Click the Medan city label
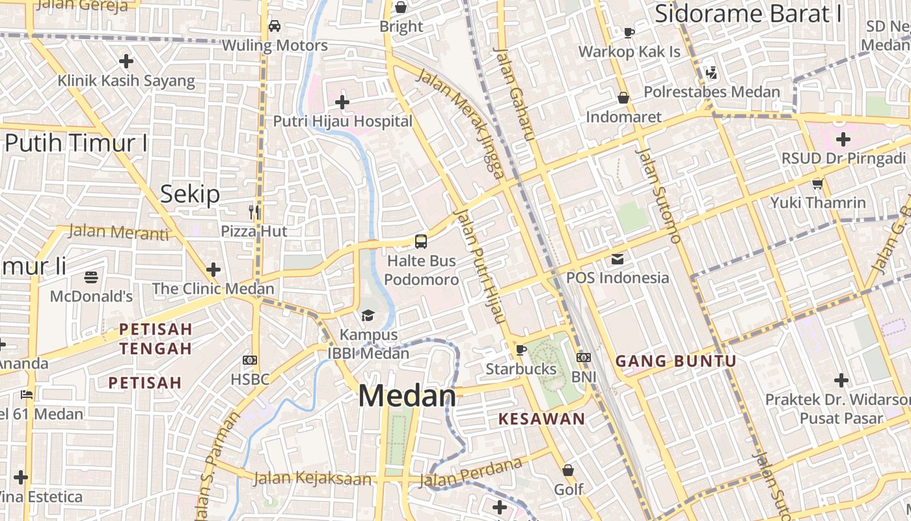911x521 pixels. pos(407,396)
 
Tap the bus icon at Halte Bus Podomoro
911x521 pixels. pos(421,242)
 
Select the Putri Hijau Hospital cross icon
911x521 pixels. pos(342,102)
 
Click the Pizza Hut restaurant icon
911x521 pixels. pos(254,212)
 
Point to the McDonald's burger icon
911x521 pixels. pos(91,277)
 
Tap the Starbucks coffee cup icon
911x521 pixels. pos(521,350)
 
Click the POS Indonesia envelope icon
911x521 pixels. pos(617,259)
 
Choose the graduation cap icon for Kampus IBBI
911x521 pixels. pos(368,316)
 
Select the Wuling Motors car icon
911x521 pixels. pos(275,26)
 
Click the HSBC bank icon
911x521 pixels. pos(250,359)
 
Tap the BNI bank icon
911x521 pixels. pos(584,357)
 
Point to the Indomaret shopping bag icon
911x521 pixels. pos(623,98)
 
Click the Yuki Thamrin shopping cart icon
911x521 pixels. pos(818,184)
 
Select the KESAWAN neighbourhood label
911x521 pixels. pos(542,419)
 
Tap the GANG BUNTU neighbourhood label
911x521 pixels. pos(675,361)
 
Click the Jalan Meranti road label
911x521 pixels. pos(118,231)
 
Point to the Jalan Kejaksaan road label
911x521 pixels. pos(312,479)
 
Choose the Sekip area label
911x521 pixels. pos(190,194)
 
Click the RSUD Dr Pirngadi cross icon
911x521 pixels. pos(843,139)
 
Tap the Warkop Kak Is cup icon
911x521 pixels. pos(629,32)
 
